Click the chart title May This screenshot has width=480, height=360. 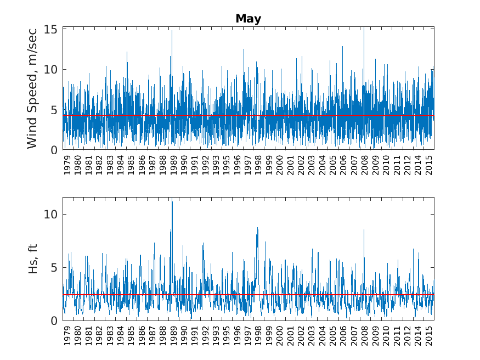pyautogui.click(x=248, y=19)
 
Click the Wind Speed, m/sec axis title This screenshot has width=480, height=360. pyautogui.click(x=32, y=88)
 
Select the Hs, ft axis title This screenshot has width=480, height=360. pyautogui.click(x=33, y=259)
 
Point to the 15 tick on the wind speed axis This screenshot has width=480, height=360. pyautogui.click(x=51, y=29)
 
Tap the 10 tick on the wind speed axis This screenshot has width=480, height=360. pyautogui.click(x=51, y=69)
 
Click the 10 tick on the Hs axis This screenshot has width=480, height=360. pyautogui.click(x=51, y=214)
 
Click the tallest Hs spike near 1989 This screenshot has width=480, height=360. pyautogui.click(x=172, y=202)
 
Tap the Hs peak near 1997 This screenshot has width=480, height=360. pyautogui.click(x=257, y=228)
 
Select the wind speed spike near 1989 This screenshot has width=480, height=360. pyautogui.click(x=172, y=31)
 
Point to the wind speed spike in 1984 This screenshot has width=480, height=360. pyautogui.click(x=127, y=52)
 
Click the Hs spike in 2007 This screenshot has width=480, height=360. pyautogui.click(x=364, y=230)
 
